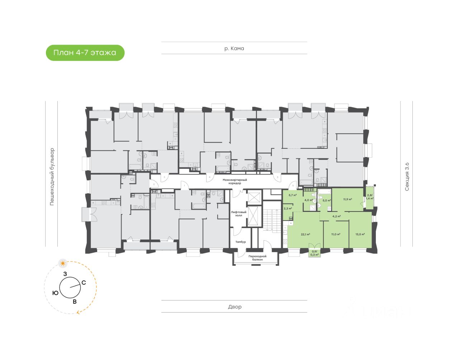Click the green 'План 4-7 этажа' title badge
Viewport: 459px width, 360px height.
[85, 53]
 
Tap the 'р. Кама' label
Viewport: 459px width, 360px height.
[234, 48]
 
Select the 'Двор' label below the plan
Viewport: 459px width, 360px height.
[235, 307]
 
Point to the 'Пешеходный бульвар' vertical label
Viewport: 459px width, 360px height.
[52, 176]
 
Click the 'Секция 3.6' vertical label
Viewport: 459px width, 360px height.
[407, 176]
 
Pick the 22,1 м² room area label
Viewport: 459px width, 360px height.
[306, 234]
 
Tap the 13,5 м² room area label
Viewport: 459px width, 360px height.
[360, 234]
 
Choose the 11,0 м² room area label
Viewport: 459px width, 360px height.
[336, 234]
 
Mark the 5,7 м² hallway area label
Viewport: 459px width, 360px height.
[293, 195]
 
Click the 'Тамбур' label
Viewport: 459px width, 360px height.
[241, 242]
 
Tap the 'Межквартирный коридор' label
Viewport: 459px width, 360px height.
[235, 181]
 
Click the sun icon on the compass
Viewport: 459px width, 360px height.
[63, 264]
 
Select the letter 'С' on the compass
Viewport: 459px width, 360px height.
[84, 283]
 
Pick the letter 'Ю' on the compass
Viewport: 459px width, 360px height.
[55, 293]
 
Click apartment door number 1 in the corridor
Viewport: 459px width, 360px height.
[184, 185]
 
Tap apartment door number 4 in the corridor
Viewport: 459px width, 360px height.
[209, 177]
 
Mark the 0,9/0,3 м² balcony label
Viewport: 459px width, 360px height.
[314, 253]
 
